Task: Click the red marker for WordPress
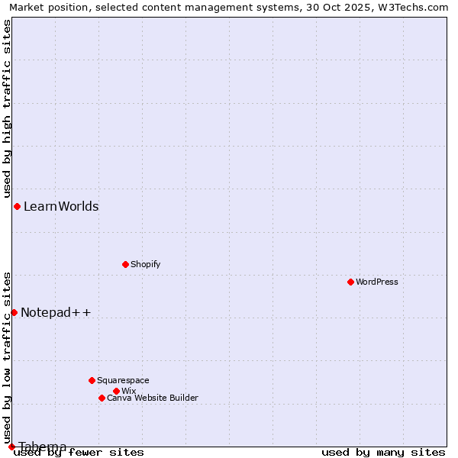tap(350, 282)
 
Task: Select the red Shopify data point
tap(125, 264)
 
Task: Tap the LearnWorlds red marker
tap(17, 206)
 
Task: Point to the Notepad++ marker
tap(14, 312)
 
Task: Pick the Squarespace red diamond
tap(92, 380)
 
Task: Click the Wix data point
tap(116, 391)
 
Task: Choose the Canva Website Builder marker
tap(102, 398)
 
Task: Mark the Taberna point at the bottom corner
tap(11, 447)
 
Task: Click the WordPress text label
tap(377, 282)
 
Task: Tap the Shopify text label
tap(146, 264)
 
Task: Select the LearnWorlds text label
tap(61, 206)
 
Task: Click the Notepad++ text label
tap(56, 312)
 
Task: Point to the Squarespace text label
tap(123, 380)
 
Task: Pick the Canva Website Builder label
tap(153, 398)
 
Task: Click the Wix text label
tap(129, 391)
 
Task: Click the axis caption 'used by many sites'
tap(383, 452)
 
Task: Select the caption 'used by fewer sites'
tap(79, 452)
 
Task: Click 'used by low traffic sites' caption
tap(7, 357)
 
